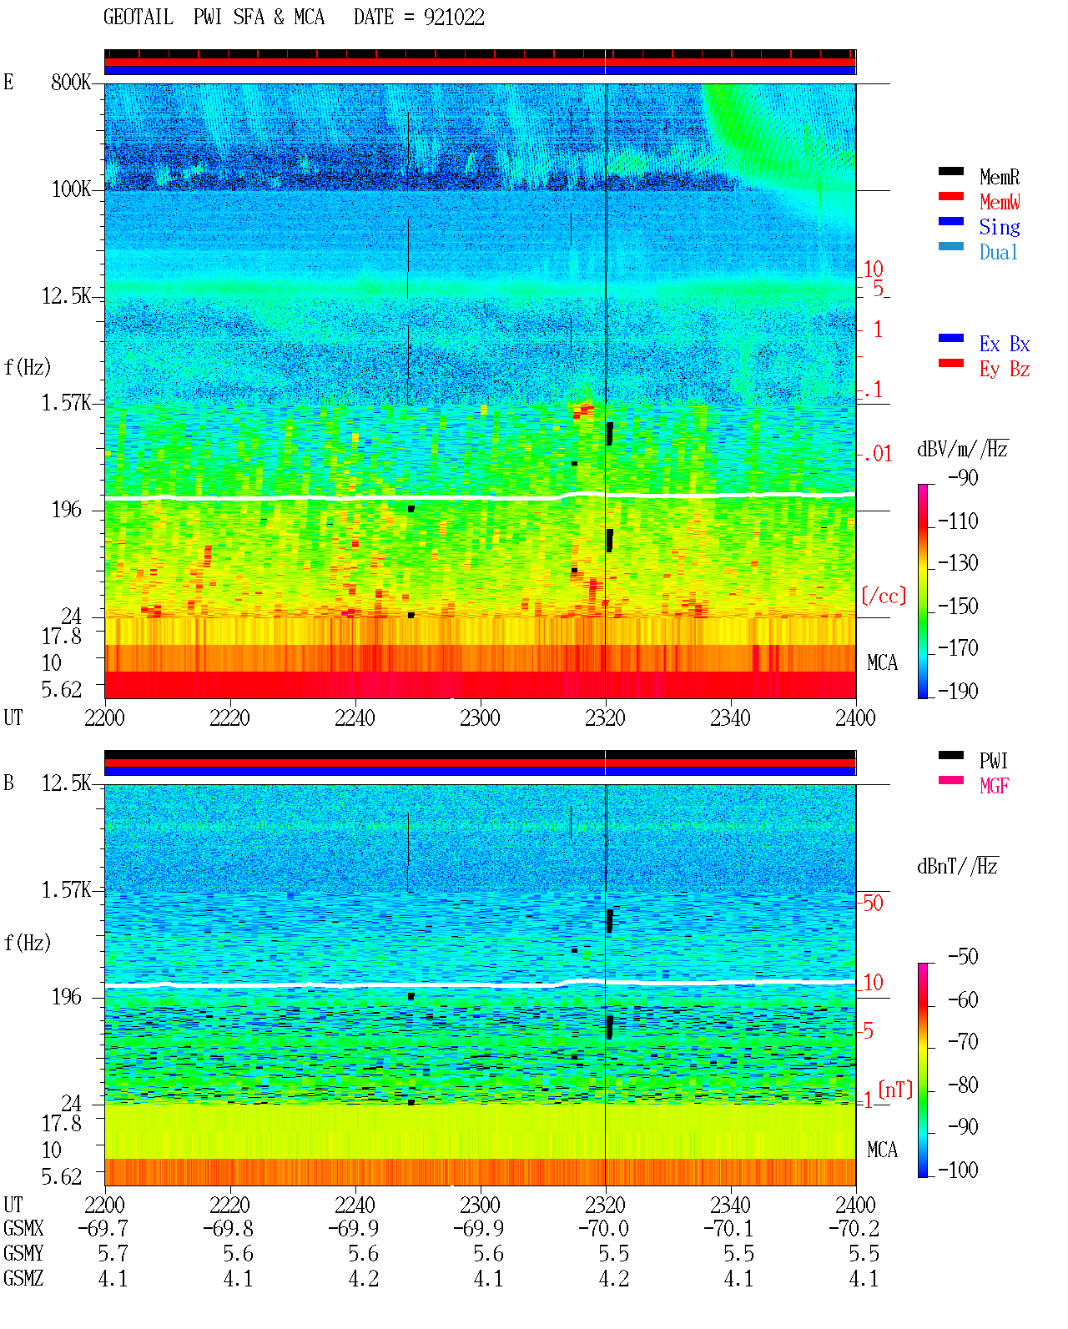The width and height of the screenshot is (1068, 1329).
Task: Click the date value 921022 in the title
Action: (x=454, y=18)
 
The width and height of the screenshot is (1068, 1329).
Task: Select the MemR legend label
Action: (x=1000, y=177)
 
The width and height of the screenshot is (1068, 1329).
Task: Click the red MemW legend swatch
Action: (x=950, y=196)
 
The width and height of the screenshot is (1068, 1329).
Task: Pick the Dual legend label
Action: (x=999, y=252)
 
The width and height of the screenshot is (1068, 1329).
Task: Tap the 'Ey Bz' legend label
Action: (x=1005, y=370)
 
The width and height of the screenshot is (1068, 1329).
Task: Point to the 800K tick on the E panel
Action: (x=71, y=82)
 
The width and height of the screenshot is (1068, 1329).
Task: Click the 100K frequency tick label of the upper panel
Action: (x=71, y=189)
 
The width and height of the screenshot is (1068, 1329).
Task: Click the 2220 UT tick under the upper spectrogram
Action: (x=229, y=717)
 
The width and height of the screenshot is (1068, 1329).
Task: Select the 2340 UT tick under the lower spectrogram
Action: (x=730, y=1205)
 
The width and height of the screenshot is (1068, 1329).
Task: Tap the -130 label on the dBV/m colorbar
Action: (x=958, y=563)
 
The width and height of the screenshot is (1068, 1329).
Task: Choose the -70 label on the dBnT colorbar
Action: (x=963, y=1042)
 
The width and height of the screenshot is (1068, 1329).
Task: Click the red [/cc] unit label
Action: (x=884, y=596)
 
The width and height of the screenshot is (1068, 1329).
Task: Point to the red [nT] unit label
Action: (x=895, y=1090)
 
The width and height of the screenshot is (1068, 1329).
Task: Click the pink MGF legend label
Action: (x=994, y=786)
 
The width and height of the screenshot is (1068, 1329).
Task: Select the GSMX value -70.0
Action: (x=603, y=1229)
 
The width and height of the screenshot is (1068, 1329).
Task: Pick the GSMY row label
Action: (x=23, y=1254)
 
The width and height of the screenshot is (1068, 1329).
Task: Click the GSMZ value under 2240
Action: (x=363, y=1278)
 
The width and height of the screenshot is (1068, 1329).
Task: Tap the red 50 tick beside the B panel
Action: (x=873, y=904)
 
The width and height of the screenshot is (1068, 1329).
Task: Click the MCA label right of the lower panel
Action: (x=882, y=1150)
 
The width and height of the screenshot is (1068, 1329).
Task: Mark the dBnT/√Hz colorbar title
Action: (x=958, y=867)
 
